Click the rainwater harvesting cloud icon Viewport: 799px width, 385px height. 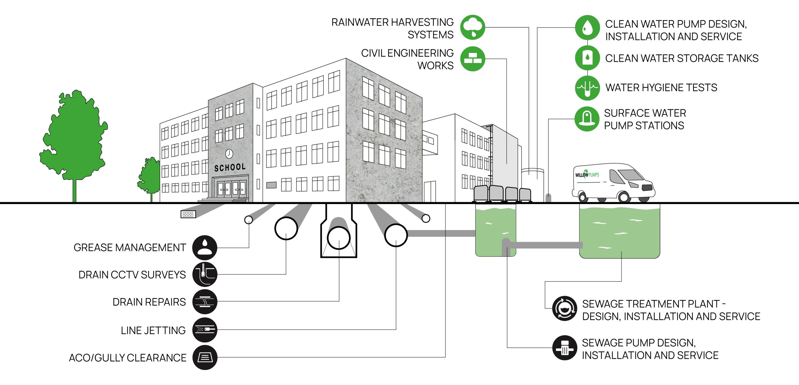click(473, 27)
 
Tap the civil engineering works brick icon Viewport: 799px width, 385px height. click(473, 59)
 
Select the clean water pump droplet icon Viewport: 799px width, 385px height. click(587, 27)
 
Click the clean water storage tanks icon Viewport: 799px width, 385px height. click(587, 58)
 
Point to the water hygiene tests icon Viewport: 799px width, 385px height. click(587, 88)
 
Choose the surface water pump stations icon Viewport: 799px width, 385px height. click(587, 119)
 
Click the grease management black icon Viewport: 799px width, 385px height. click(205, 247)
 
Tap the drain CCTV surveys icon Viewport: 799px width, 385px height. click(205, 274)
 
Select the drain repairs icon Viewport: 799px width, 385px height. click(205, 302)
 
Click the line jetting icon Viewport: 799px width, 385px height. click(205, 330)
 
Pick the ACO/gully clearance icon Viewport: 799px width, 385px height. click(205, 357)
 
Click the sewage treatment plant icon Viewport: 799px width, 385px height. click(564, 308)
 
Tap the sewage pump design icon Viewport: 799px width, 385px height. click(564, 347)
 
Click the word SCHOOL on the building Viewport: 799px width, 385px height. click(230, 167)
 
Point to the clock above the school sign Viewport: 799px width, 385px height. click(229, 153)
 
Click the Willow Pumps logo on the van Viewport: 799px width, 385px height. click(587, 174)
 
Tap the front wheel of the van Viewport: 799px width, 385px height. click(624, 197)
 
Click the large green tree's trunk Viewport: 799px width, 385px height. click(75, 191)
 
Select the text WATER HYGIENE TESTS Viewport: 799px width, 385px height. click(661, 88)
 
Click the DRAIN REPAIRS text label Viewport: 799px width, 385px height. click(149, 302)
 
